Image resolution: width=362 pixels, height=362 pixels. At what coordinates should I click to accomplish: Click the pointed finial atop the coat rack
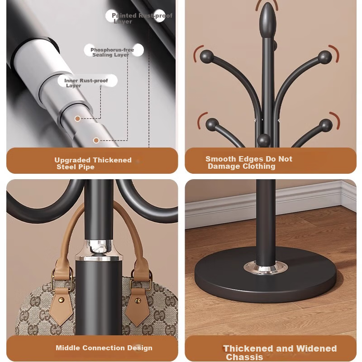[268, 20]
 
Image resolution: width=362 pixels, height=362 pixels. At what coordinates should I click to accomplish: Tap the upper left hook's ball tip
[207, 57]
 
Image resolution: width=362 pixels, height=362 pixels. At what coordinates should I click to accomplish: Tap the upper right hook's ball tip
[325, 57]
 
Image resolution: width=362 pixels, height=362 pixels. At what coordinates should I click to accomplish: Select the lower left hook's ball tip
[212, 125]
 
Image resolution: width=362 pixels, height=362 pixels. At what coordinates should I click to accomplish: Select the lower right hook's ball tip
[326, 126]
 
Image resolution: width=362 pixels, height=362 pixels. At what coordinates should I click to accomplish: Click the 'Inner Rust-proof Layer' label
[86, 83]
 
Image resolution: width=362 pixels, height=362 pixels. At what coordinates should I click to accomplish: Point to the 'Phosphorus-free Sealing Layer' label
[112, 52]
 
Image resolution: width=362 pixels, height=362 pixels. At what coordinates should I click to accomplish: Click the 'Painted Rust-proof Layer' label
[142, 18]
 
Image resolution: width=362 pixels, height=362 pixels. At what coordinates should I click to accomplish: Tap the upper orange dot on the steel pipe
[77, 119]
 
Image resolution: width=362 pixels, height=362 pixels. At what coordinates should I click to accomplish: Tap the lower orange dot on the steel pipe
[96, 140]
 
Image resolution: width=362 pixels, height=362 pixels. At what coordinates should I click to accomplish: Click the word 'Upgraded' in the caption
[72, 160]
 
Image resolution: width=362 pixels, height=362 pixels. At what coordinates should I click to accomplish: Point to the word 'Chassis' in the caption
[244, 357]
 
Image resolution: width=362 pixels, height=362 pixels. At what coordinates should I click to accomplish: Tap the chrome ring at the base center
[266, 268]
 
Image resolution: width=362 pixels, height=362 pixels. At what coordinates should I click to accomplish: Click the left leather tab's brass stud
[61, 300]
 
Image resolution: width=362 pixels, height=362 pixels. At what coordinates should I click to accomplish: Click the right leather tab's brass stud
[138, 300]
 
